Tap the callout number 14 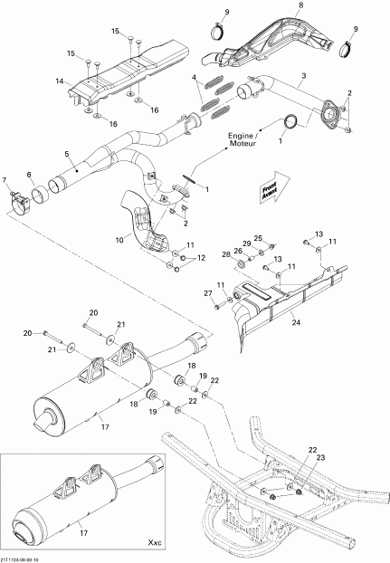59,81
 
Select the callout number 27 206,294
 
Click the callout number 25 258,237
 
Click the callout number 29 246,244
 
